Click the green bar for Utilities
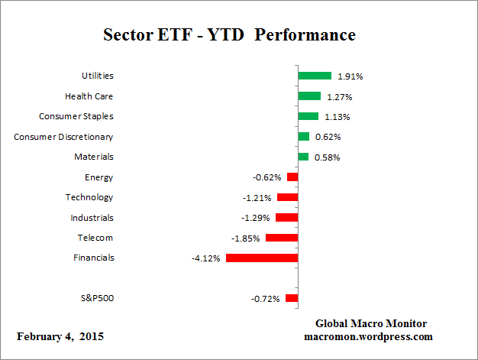tap(315, 76)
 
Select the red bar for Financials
tap(262, 258)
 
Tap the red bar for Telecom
tap(282, 238)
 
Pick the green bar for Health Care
tap(309, 96)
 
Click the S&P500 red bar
tap(292, 298)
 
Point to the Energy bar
tap(292, 177)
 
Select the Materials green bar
tap(303, 157)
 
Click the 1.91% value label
tap(349, 76)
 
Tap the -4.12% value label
tap(206, 258)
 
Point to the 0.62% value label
tap(328, 137)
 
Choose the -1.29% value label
tap(257, 218)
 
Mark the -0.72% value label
tap(266, 298)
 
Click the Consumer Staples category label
tap(76, 116)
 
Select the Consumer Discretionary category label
tap(63, 137)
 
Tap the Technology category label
tap(89, 197)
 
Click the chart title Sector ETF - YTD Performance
tap(229, 35)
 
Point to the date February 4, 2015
tap(60, 336)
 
